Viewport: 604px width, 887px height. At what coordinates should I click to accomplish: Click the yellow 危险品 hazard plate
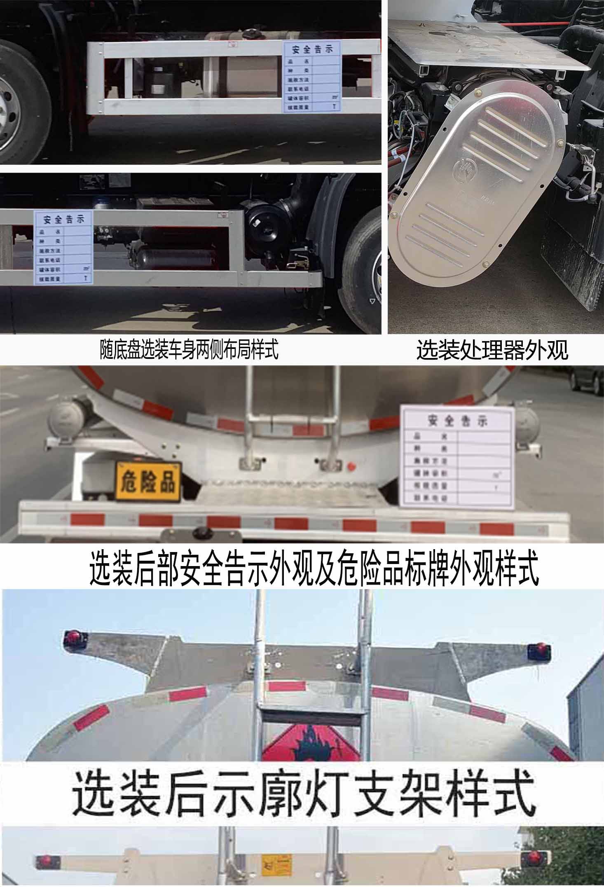coord(148,482)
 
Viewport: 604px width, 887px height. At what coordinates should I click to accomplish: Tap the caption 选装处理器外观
coord(492,351)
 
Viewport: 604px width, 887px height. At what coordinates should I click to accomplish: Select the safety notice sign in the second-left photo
coord(63,248)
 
